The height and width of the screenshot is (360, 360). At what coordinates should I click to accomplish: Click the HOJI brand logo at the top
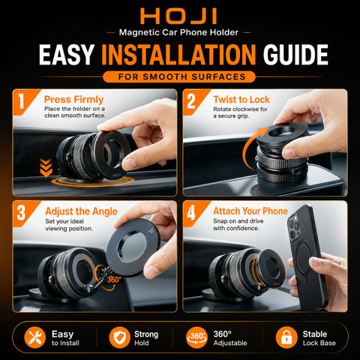point(178,16)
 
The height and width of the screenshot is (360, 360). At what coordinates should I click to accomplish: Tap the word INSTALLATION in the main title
point(178,55)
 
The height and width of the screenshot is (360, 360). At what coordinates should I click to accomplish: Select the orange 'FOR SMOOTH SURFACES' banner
point(179,76)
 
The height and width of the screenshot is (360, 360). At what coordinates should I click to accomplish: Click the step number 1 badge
point(22,101)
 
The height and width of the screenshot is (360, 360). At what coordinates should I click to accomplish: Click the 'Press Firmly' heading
point(73,100)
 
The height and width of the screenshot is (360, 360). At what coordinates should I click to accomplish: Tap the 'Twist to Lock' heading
point(241,100)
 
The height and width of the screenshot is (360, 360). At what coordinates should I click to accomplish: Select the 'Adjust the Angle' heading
point(81,211)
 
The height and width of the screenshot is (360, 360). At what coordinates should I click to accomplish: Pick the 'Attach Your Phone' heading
point(250,211)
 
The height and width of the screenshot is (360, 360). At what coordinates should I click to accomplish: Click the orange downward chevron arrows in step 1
point(46,167)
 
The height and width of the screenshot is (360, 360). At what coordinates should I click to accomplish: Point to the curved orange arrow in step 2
point(252,148)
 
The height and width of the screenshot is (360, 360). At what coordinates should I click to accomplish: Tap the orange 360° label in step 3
point(114,280)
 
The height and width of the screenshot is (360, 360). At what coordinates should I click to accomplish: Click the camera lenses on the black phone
point(294,227)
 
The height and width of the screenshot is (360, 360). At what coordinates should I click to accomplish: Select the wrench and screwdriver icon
point(35,337)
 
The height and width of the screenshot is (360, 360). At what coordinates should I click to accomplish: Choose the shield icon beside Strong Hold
point(119,337)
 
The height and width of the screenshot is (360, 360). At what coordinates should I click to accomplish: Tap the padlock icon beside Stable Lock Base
point(286,337)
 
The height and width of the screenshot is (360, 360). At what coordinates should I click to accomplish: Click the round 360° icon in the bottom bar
point(197,337)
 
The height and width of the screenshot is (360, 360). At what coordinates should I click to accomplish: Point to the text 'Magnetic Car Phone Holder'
point(178,32)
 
